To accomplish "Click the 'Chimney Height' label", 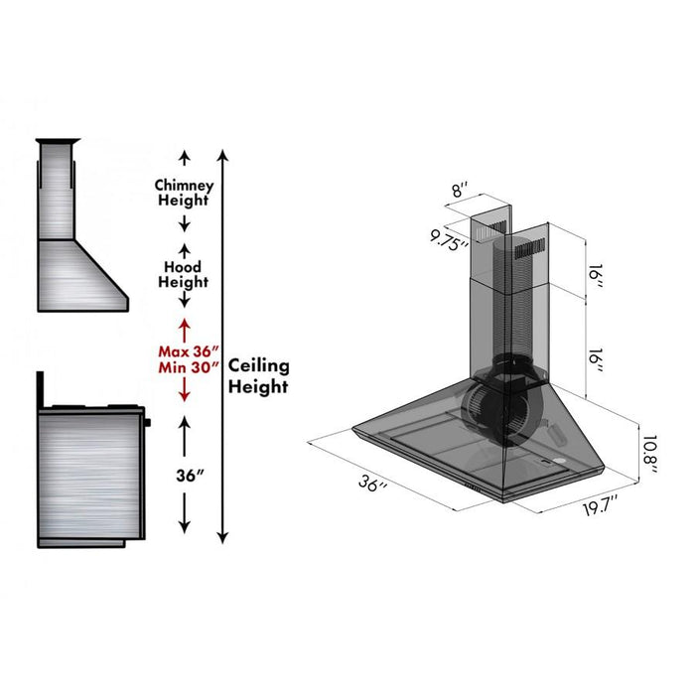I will pos(183,193).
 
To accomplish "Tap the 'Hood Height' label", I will pos(183,275).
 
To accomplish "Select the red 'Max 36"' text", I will pos(184,350).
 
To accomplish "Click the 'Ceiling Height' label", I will pos(259,376).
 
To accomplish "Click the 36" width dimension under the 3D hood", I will pos(373,485).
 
